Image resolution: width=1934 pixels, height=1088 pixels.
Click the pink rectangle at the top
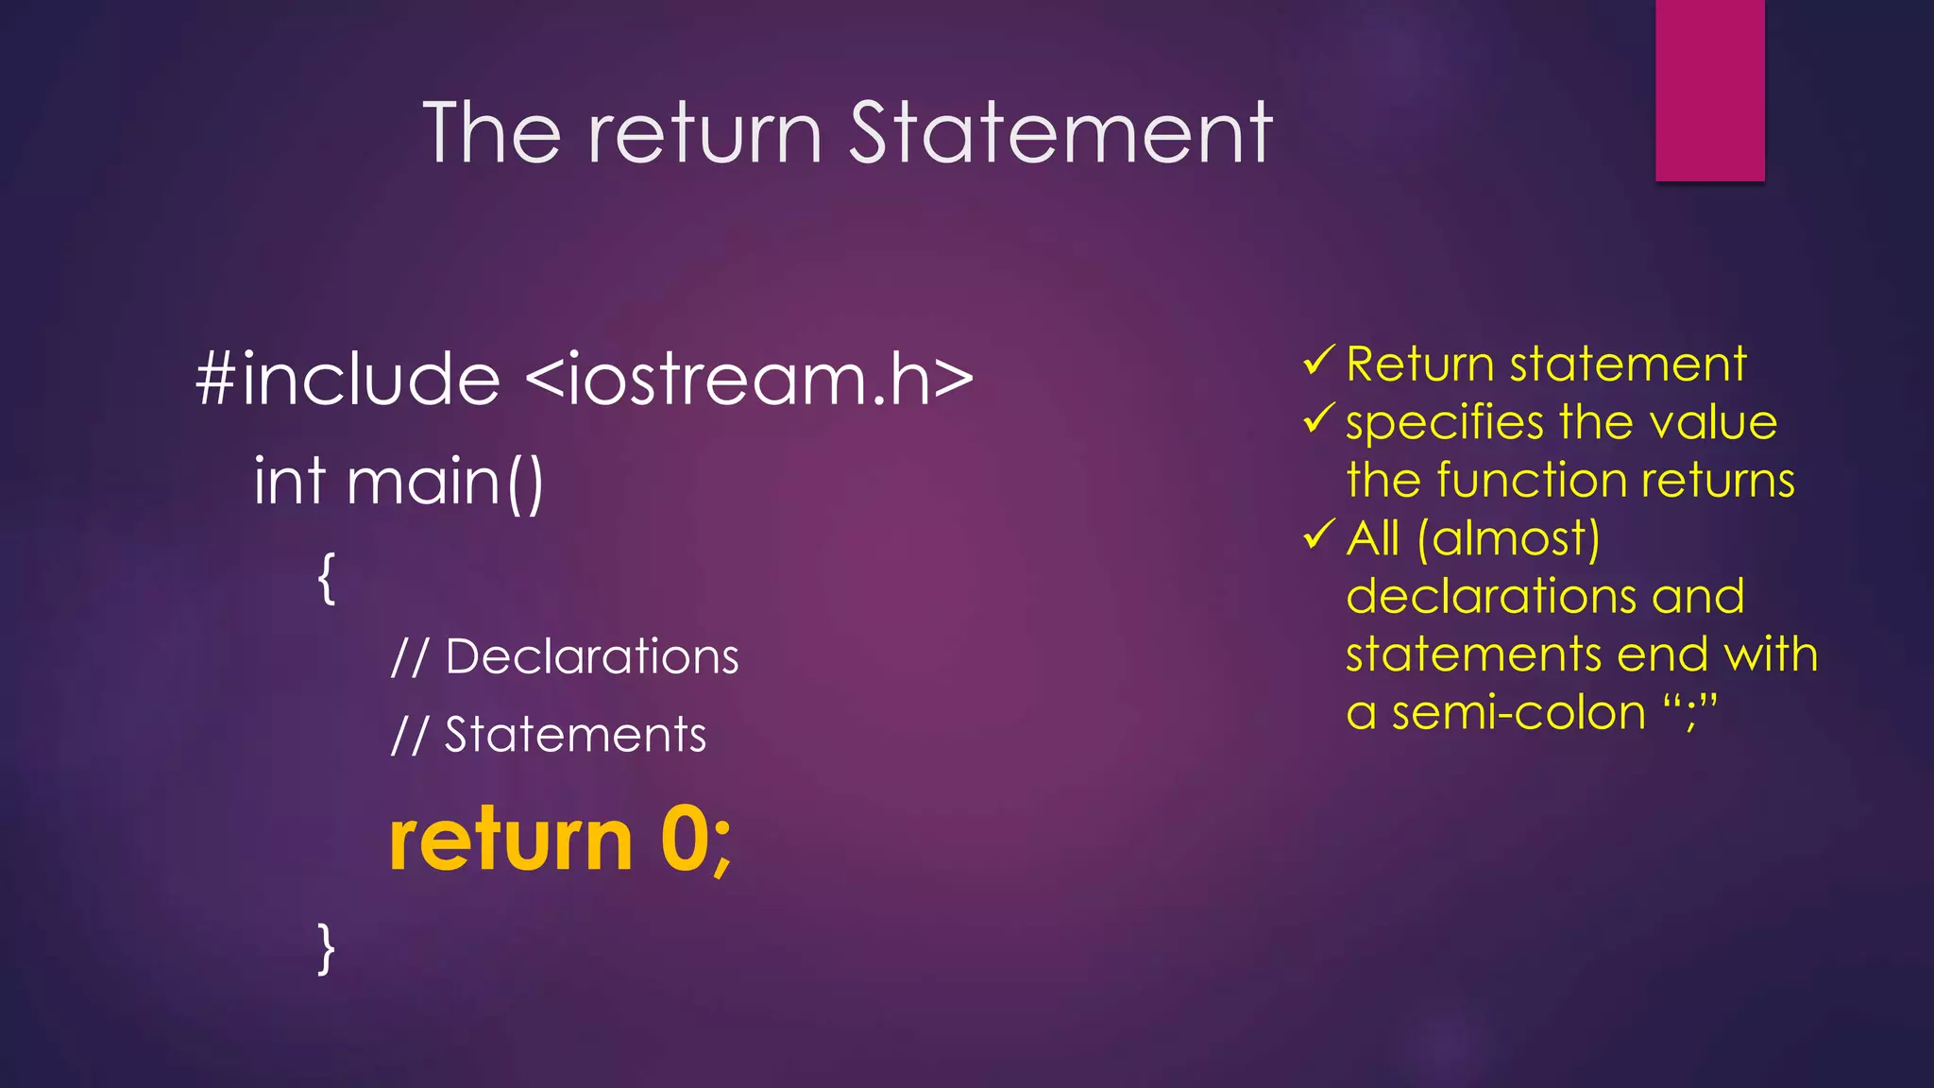point(1709,90)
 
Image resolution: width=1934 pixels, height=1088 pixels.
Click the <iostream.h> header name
point(749,379)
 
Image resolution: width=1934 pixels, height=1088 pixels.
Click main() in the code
point(445,483)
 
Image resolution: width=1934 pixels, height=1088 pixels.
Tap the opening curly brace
point(327,578)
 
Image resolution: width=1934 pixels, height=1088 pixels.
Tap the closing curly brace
point(327,947)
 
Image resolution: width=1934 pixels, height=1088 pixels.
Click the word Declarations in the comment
point(591,656)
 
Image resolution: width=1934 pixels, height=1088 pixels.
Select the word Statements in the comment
point(575,735)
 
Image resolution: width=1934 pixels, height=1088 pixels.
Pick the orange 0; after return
point(695,841)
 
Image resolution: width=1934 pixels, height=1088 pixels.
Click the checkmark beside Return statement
point(1317,361)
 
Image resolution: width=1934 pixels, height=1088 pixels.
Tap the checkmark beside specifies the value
point(1317,418)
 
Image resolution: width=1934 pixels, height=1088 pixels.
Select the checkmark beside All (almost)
point(1317,535)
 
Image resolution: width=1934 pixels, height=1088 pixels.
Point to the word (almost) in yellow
point(1508,539)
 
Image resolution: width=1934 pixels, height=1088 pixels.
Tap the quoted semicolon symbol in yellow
point(1690,710)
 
